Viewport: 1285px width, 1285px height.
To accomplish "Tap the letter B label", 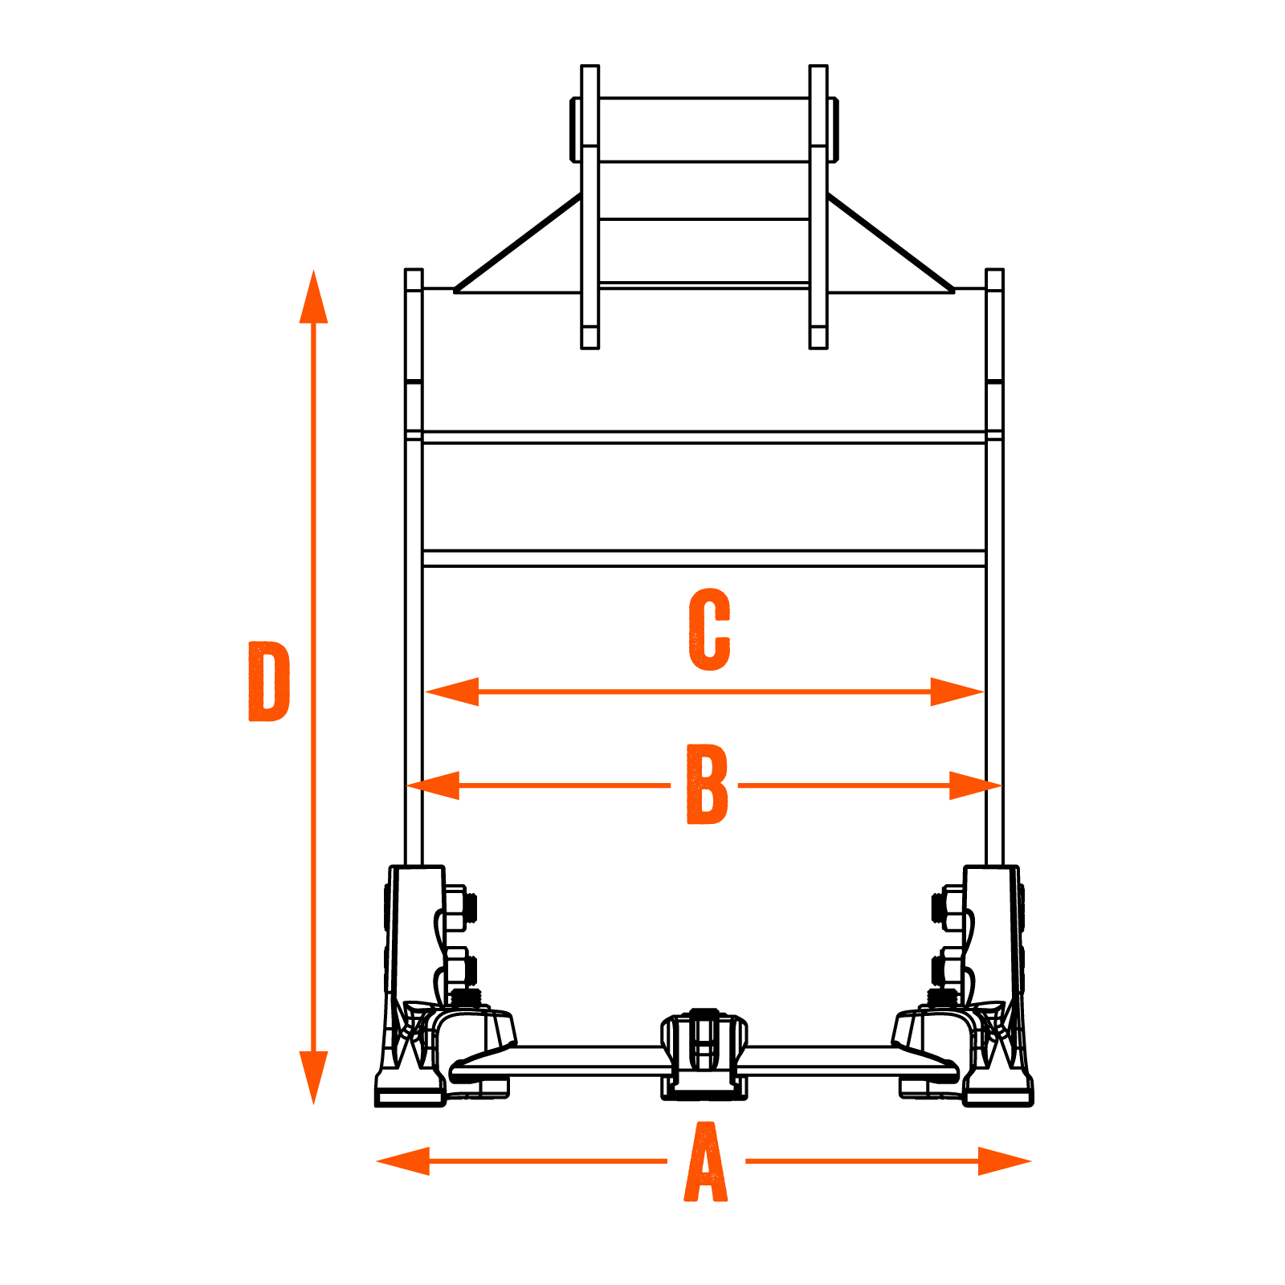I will [707, 785].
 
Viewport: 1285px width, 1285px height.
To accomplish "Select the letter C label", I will [709, 630].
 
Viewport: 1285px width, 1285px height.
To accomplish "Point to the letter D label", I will [268, 681].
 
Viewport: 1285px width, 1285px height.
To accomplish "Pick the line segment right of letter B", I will [843, 785].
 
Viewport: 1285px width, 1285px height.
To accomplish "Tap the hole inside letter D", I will [269, 681].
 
